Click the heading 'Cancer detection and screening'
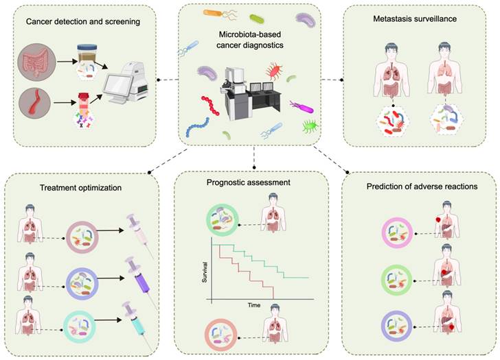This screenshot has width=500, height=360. click(83, 22)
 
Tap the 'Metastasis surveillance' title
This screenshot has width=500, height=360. click(415, 19)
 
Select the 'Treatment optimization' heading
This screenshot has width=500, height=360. click(80, 188)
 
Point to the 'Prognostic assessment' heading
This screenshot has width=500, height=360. click(249, 182)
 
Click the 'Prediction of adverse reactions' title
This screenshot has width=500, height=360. click(422, 187)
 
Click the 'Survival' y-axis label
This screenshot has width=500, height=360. click(205, 272)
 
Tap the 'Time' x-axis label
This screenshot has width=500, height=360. click(254, 305)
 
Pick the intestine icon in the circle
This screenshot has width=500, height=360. click(36, 62)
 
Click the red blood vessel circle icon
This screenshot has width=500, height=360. click(35, 103)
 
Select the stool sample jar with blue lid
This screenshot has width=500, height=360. click(87, 53)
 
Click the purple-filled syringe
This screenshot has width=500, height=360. click(139, 276)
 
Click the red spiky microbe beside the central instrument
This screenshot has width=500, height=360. click(274, 71)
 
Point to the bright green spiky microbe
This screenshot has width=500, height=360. click(310, 126)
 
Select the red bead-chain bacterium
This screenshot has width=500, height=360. click(210, 105)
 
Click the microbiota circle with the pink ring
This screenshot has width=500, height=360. click(397, 233)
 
